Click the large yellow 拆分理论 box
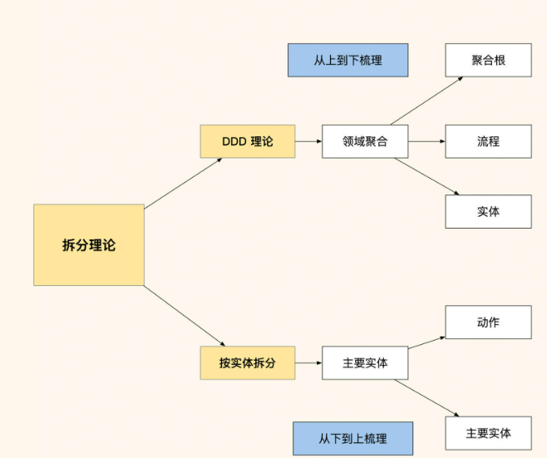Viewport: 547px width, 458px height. [x=89, y=245]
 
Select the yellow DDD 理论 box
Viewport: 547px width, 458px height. [x=248, y=141]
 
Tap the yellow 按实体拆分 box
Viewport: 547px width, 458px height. [x=248, y=363]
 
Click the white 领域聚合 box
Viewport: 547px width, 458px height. [x=365, y=141]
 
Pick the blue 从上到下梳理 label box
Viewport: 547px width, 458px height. [x=348, y=60]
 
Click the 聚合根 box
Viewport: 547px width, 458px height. [x=488, y=60]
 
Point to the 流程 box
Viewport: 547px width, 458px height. [x=488, y=141]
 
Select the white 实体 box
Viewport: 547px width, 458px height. [x=488, y=211]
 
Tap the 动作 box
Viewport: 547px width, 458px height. [x=488, y=322]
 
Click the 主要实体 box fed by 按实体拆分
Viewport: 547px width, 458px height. [x=365, y=363]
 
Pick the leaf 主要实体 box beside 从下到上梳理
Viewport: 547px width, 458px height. [x=488, y=433]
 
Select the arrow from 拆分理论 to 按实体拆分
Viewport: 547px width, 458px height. [x=185, y=316]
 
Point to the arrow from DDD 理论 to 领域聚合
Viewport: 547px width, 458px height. [x=308, y=141]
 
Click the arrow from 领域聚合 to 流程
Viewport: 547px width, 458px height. [x=426, y=141]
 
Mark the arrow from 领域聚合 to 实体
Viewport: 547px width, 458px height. [x=426, y=176]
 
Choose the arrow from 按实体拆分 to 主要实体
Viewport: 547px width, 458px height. [x=308, y=363]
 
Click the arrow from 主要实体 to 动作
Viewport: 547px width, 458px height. [x=426, y=342]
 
